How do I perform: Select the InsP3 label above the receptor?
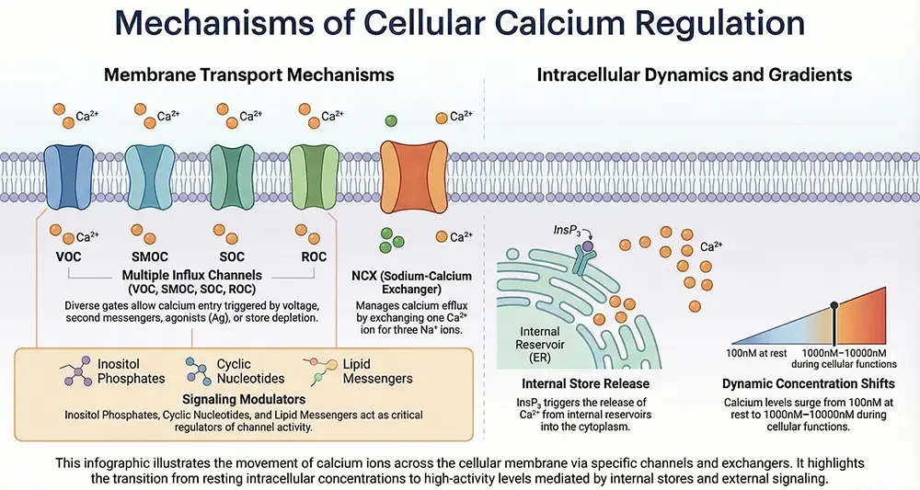click(x=564, y=229)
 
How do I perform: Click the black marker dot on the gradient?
click(x=834, y=305)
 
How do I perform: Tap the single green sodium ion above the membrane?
click(x=391, y=120)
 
